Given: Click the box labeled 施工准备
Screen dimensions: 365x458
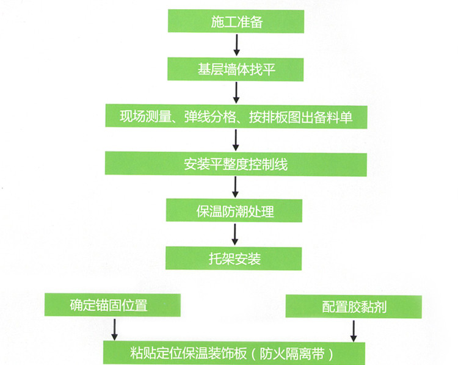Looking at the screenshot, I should (x=236, y=21).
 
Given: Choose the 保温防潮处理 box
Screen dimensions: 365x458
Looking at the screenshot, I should (x=236, y=212).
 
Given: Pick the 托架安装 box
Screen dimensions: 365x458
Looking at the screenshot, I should (x=234, y=259).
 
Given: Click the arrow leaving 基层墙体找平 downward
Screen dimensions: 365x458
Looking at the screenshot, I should (x=236, y=92).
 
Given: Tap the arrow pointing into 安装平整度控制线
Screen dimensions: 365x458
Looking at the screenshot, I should (x=236, y=140).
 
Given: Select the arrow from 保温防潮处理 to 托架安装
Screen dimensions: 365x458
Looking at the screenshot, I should (x=236, y=235).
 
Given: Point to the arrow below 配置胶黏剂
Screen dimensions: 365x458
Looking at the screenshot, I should (x=353, y=331).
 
